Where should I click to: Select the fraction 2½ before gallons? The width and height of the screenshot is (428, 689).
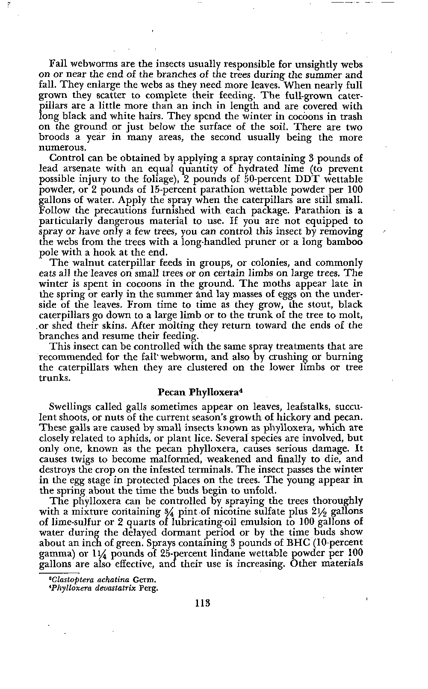click(x=319, y=512)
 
